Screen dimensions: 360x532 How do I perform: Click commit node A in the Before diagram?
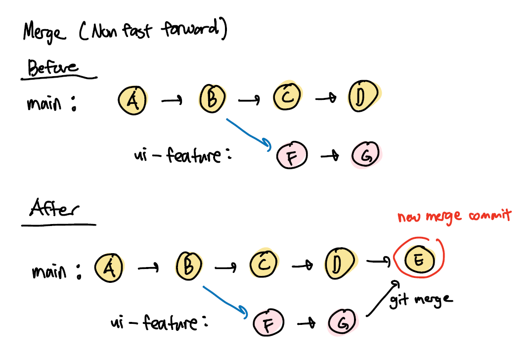pos(132,100)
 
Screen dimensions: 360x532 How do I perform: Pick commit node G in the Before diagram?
pos(366,155)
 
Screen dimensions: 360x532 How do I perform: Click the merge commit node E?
pos(418,260)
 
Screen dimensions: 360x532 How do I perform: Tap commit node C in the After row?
pos(264,265)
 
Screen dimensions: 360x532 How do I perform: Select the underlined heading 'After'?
pos(53,210)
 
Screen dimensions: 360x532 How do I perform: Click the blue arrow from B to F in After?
pos(225,300)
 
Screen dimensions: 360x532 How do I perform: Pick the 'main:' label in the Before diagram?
pos(51,105)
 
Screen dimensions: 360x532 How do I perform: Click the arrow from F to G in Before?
pos(329,156)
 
